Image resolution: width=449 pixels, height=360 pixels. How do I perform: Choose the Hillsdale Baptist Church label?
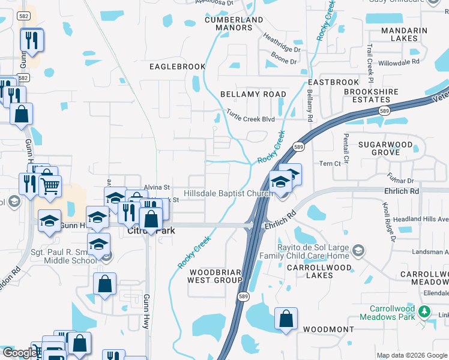[x=228, y=194]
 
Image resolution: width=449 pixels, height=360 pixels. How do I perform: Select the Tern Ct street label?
[x=330, y=163]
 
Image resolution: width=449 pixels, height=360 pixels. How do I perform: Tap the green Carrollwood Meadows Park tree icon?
[x=425, y=311]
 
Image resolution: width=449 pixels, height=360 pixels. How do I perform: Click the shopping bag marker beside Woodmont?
[x=286, y=318]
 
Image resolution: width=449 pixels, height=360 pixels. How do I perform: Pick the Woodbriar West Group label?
[x=214, y=276]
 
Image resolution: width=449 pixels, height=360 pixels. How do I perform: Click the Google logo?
[x=20, y=353]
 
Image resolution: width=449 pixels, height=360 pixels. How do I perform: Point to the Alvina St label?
[x=157, y=187]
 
